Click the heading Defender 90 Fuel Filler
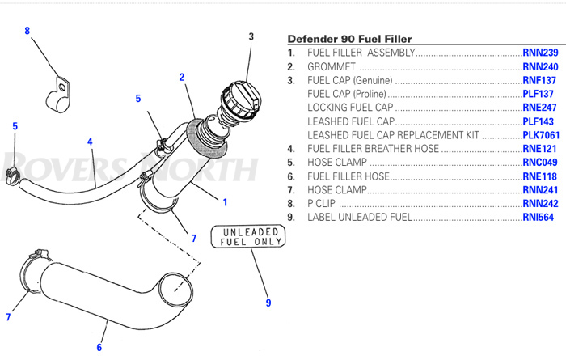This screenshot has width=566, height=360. [x=349, y=39]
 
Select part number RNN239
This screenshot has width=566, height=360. [x=539, y=53]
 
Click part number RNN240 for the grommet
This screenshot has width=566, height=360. [x=539, y=66]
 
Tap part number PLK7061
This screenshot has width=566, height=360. [x=539, y=135]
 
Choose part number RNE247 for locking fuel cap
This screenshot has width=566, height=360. [x=539, y=108]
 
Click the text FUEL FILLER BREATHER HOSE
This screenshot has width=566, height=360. [x=373, y=149]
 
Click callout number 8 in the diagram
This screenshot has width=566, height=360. [x=27, y=31]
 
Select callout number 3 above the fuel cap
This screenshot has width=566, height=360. [x=251, y=36]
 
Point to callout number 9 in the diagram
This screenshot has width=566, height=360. [x=268, y=303]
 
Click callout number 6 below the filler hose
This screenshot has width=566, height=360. [x=99, y=348]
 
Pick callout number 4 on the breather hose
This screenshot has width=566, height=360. [x=90, y=142]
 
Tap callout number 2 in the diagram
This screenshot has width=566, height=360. [x=182, y=77]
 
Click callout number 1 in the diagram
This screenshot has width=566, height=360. [x=225, y=202]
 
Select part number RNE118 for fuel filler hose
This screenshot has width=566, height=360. [x=539, y=176]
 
